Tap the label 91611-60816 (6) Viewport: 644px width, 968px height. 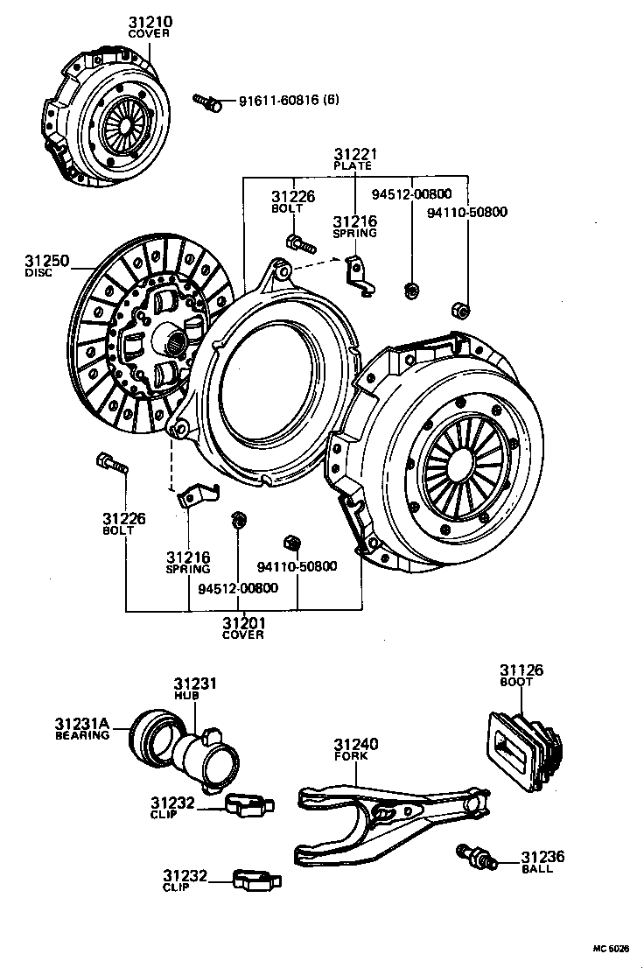(x=288, y=101)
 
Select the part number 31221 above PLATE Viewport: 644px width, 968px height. (x=353, y=153)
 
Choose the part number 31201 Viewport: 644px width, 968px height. (x=242, y=622)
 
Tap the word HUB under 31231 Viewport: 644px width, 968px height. (x=186, y=695)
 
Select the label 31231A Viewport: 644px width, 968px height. (x=81, y=724)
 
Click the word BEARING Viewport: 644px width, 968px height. (x=81, y=735)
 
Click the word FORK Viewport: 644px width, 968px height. (x=348, y=755)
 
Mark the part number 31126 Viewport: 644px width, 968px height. (x=521, y=670)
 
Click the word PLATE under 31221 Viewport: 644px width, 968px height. (x=353, y=165)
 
